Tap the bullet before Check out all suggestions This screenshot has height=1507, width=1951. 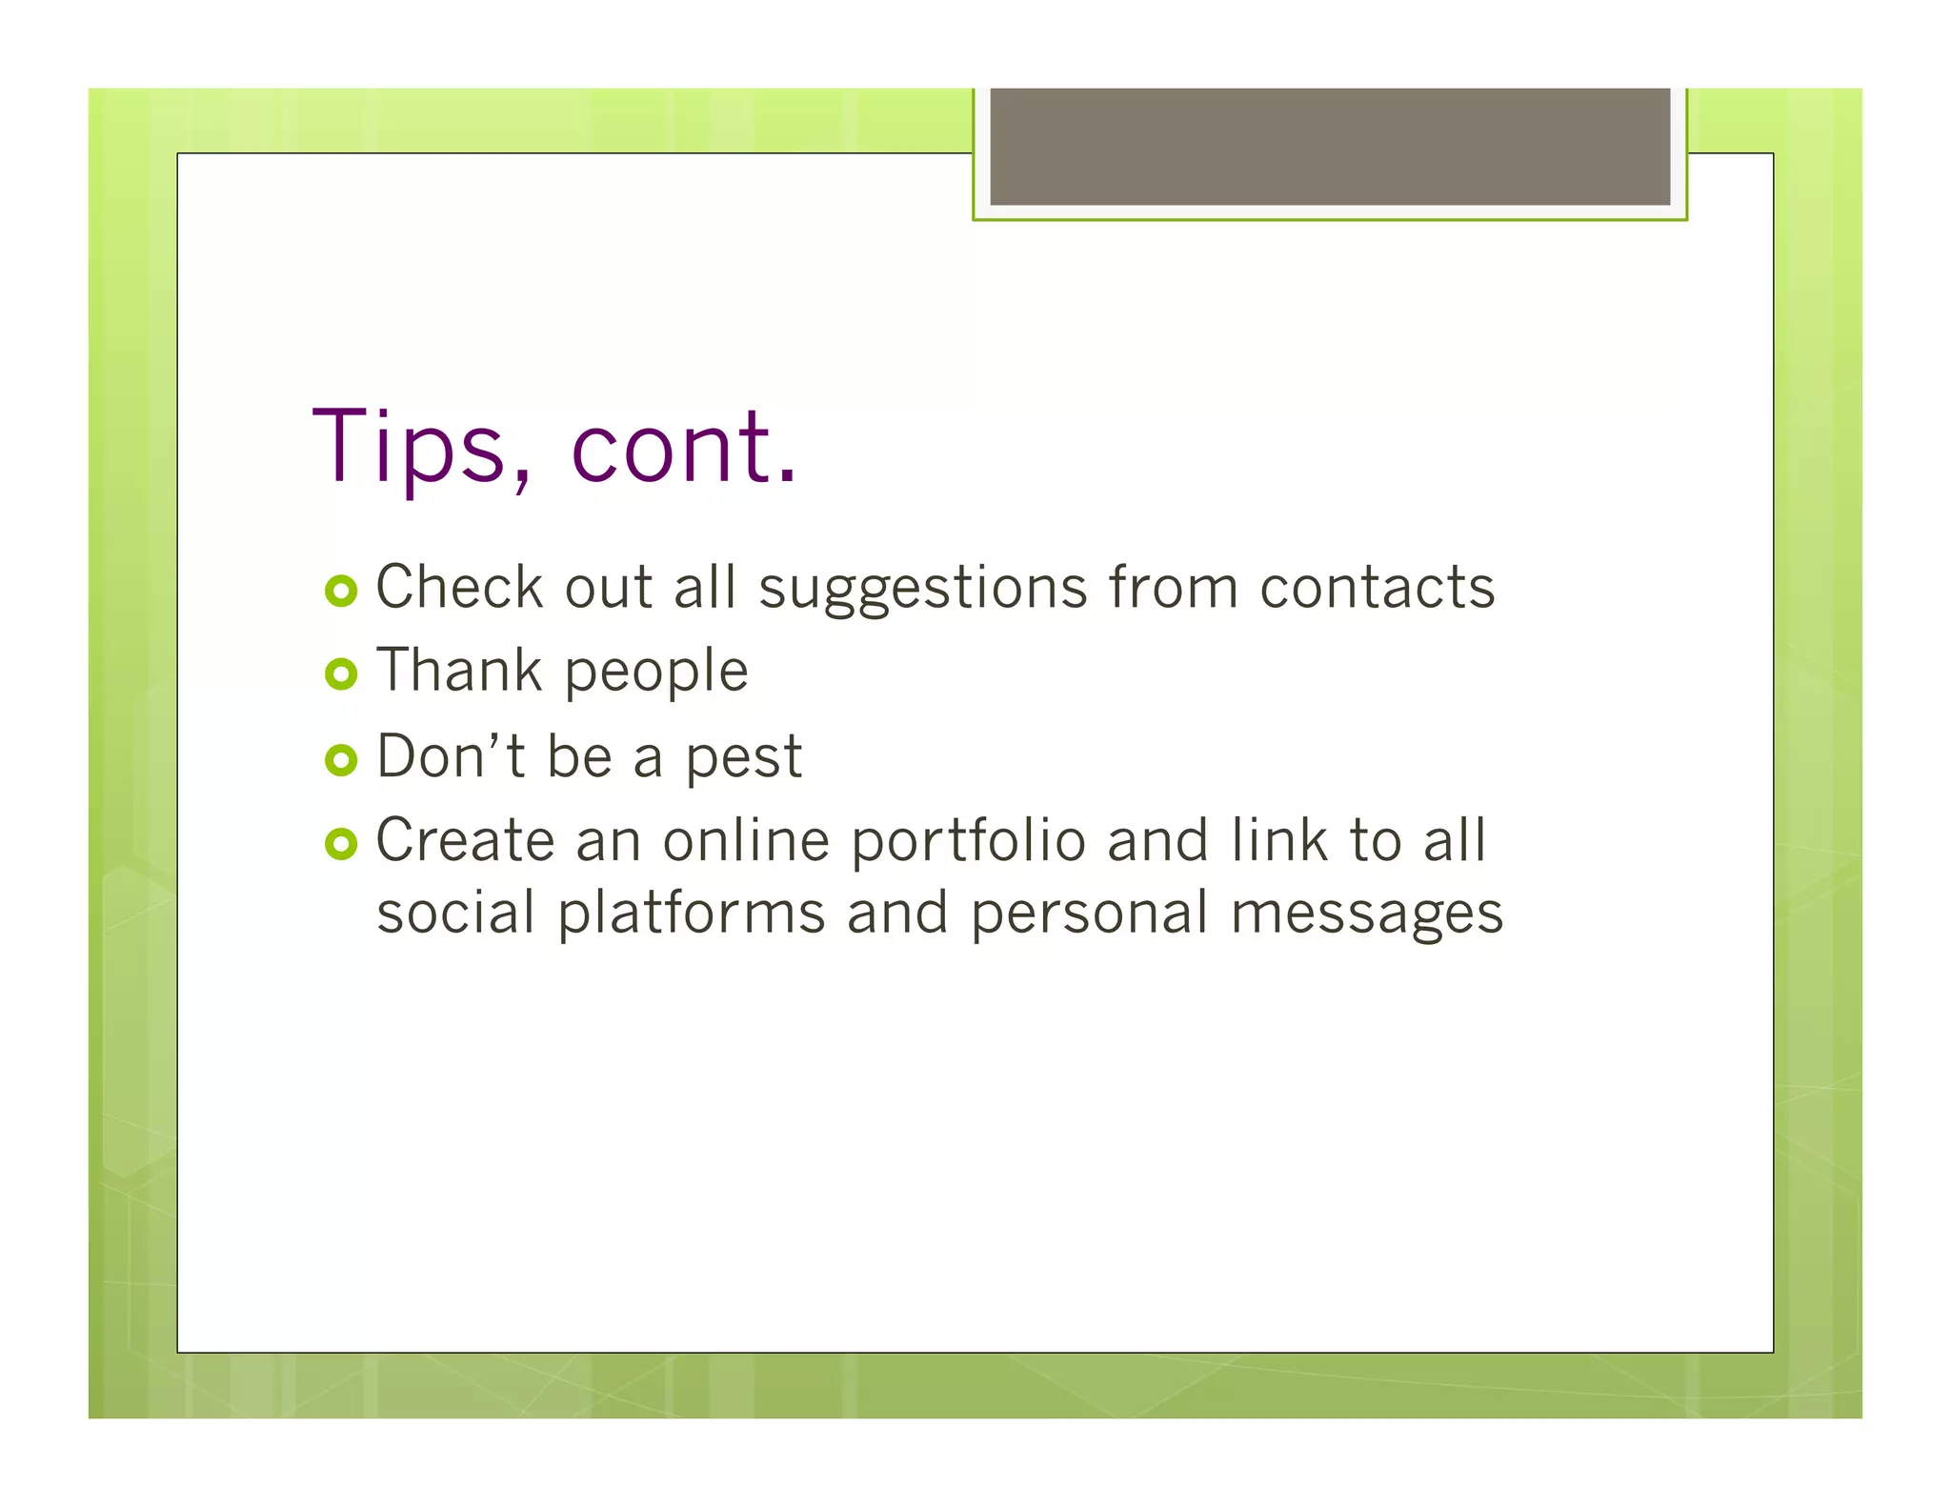click(x=340, y=591)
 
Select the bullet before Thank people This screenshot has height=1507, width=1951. click(x=340, y=674)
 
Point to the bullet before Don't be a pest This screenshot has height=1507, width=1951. click(x=340, y=759)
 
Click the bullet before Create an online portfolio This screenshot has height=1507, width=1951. click(x=340, y=843)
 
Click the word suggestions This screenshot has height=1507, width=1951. click(x=922, y=589)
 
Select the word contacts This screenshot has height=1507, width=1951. click(x=1377, y=587)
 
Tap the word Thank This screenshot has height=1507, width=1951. click(x=459, y=670)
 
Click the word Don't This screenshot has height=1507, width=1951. click(x=450, y=755)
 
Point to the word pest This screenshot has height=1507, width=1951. click(x=744, y=759)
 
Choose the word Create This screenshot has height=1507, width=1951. click(x=465, y=840)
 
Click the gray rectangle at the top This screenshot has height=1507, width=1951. click(x=1330, y=146)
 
